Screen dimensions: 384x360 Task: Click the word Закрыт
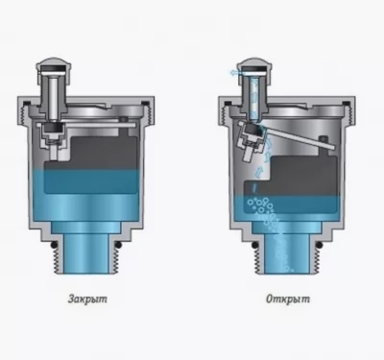[87, 300]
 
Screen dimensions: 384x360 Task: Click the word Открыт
[288, 300]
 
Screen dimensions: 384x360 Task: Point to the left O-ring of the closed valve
[54, 246]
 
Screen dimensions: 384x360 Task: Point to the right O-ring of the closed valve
[118, 246]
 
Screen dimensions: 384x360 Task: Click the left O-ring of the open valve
[254, 246]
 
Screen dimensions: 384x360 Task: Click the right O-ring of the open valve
[319, 246]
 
